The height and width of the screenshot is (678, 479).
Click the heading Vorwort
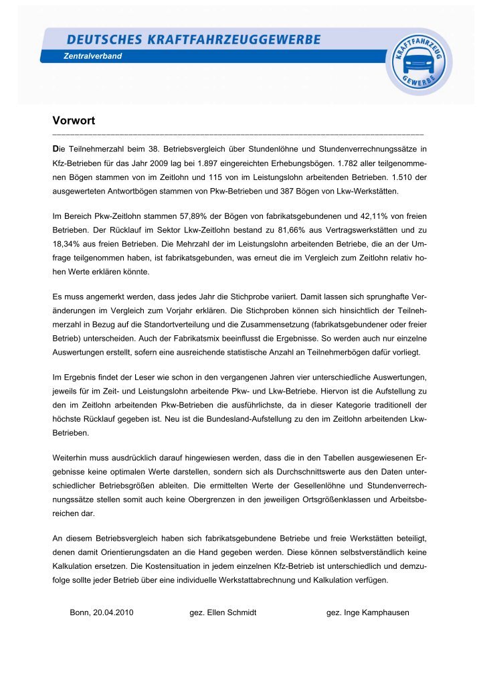(74, 121)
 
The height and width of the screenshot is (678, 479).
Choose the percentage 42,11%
(372, 217)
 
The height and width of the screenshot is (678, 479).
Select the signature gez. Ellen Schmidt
(223, 612)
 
